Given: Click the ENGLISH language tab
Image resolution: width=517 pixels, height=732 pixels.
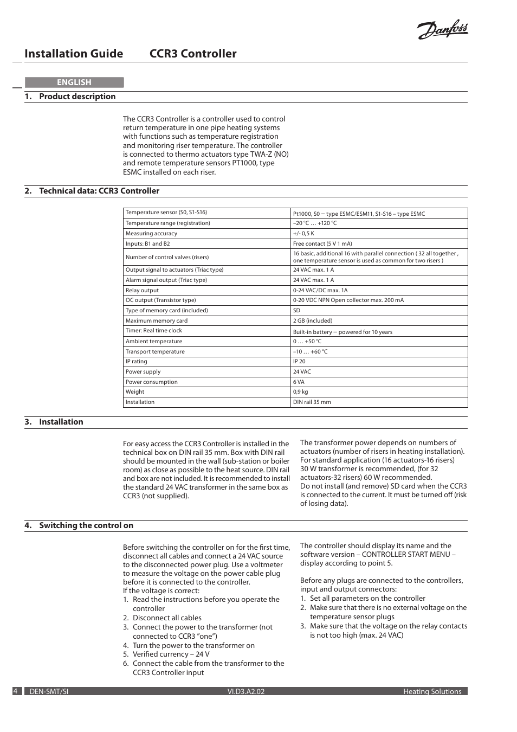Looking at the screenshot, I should tap(74, 82).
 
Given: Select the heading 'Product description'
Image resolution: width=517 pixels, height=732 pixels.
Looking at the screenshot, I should tap(77, 97).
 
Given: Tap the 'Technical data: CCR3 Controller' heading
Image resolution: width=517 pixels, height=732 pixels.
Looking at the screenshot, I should tap(99, 191).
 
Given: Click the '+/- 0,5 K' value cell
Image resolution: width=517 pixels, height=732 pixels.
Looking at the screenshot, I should tap(303, 234).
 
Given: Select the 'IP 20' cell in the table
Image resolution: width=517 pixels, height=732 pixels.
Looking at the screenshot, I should tap(299, 362).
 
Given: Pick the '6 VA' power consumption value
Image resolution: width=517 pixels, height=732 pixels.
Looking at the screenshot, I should tap(299, 382).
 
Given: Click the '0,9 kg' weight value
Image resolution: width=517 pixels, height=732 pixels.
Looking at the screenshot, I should tap(300, 392).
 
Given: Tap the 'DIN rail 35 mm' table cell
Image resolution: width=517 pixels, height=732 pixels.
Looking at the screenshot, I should tap(312, 402).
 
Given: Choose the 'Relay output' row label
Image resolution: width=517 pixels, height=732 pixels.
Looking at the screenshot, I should tap(142, 291).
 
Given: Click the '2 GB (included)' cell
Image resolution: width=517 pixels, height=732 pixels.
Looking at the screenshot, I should tap(313, 321).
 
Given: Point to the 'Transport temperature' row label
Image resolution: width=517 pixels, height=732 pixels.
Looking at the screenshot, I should tap(155, 352).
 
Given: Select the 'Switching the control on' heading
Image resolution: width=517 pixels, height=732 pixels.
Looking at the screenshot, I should tap(86, 525).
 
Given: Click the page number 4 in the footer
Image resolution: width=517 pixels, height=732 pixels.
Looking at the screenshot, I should tap(16, 691).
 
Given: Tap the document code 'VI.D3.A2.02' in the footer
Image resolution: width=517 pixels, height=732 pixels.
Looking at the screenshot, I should tap(246, 692).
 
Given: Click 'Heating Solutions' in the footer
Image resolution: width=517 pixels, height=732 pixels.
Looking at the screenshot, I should tap(432, 692).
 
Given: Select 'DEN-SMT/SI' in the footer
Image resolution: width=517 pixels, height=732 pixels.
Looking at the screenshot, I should tap(49, 692).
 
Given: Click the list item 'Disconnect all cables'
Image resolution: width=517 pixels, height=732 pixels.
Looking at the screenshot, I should tap(167, 618).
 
